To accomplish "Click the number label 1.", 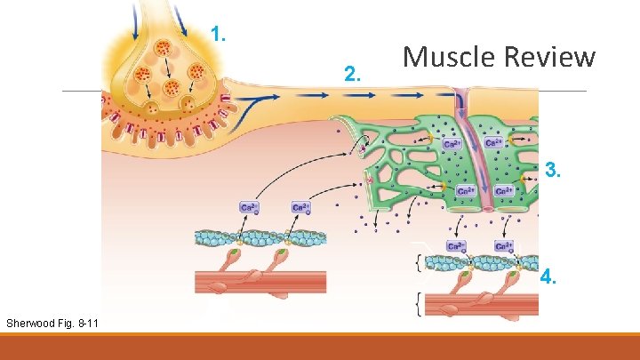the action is tap(219, 36).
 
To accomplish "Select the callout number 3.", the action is tap(553, 170).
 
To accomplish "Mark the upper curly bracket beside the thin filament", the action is tap(419, 262).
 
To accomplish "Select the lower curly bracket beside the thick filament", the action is tap(419, 305).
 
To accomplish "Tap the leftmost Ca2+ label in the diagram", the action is tap(250, 208).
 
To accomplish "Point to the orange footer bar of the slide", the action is tap(320, 346).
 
